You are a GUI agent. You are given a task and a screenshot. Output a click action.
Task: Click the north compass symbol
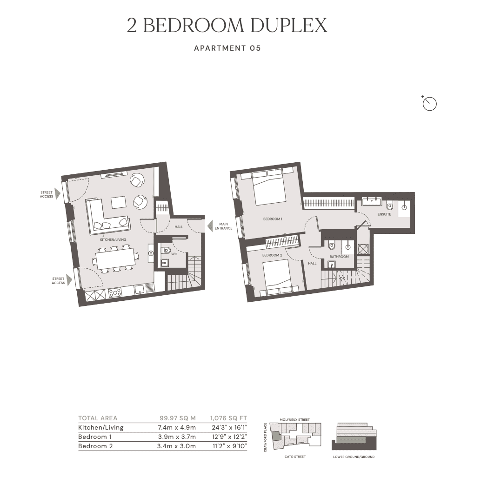pyautogui.click(x=429, y=104)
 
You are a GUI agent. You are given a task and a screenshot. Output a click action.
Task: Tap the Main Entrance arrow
pyautogui.click(x=210, y=226)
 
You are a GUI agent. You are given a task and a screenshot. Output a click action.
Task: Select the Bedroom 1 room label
pyautogui.click(x=273, y=219)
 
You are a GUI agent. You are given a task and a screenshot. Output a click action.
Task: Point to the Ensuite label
pyautogui.click(x=384, y=214)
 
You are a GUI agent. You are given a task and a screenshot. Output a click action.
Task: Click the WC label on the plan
pyautogui.click(x=174, y=254)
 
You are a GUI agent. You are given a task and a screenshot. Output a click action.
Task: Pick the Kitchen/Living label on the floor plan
pyautogui.click(x=113, y=239)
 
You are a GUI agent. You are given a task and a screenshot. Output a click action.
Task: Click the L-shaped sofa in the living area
pyautogui.click(x=107, y=216)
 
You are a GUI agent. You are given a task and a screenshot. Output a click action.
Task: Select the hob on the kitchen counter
pyautogui.click(x=115, y=293)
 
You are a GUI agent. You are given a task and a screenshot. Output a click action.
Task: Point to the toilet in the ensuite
pyautogui.click(x=389, y=205)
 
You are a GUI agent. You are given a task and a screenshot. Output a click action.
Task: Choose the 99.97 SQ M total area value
pyautogui.click(x=178, y=418)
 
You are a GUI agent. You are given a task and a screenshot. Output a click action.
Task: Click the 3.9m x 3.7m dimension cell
pyautogui.click(x=177, y=437)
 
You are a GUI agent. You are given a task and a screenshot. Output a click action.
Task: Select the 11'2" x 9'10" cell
pyautogui.click(x=230, y=446)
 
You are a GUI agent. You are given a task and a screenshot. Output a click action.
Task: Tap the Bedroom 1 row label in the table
pyautogui.click(x=95, y=437)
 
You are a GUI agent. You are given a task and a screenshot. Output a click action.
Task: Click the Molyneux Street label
pyautogui.click(x=294, y=419)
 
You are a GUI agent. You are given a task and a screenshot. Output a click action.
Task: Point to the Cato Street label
pyautogui.click(x=295, y=457)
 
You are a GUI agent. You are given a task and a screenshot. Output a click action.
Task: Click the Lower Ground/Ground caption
pyautogui.click(x=354, y=457)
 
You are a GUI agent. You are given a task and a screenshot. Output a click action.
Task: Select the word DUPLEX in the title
pyautogui.click(x=289, y=25)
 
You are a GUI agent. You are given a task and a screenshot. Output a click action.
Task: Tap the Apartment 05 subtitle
pyautogui.click(x=227, y=48)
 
